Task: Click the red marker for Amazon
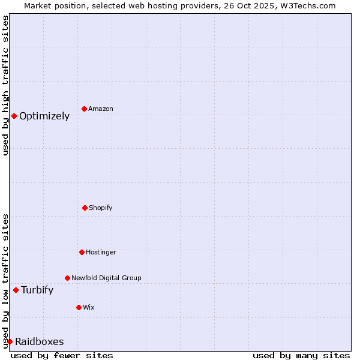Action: point(85,109)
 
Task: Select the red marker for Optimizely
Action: point(14,116)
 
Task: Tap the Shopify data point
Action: point(85,208)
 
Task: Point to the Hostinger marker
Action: point(82,252)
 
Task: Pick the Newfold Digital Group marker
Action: point(67,278)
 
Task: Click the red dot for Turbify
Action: point(16,290)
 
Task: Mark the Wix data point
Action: point(79,307)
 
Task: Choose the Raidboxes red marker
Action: point(10,341)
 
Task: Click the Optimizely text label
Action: point(44,116)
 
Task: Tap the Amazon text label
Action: point(101,109)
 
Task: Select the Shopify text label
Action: point(101,208)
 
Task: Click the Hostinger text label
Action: point(101,253)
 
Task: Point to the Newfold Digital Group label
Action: point(106,278)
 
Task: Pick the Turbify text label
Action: point(37,290)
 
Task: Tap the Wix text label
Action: point(89,308)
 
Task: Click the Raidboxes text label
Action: point(40,342)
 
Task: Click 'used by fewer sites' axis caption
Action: point(62,355)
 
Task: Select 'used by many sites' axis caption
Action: point(301,355)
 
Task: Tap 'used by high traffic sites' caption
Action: point(6,85)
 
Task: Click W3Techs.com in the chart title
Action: point(305,5)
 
